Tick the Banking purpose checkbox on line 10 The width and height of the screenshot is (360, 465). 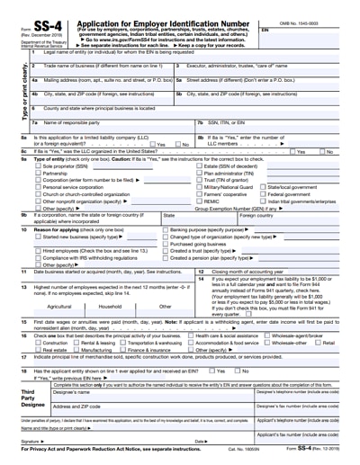click(x=165, y=229)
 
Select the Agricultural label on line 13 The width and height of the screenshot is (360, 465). click(x=59, y=306)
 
